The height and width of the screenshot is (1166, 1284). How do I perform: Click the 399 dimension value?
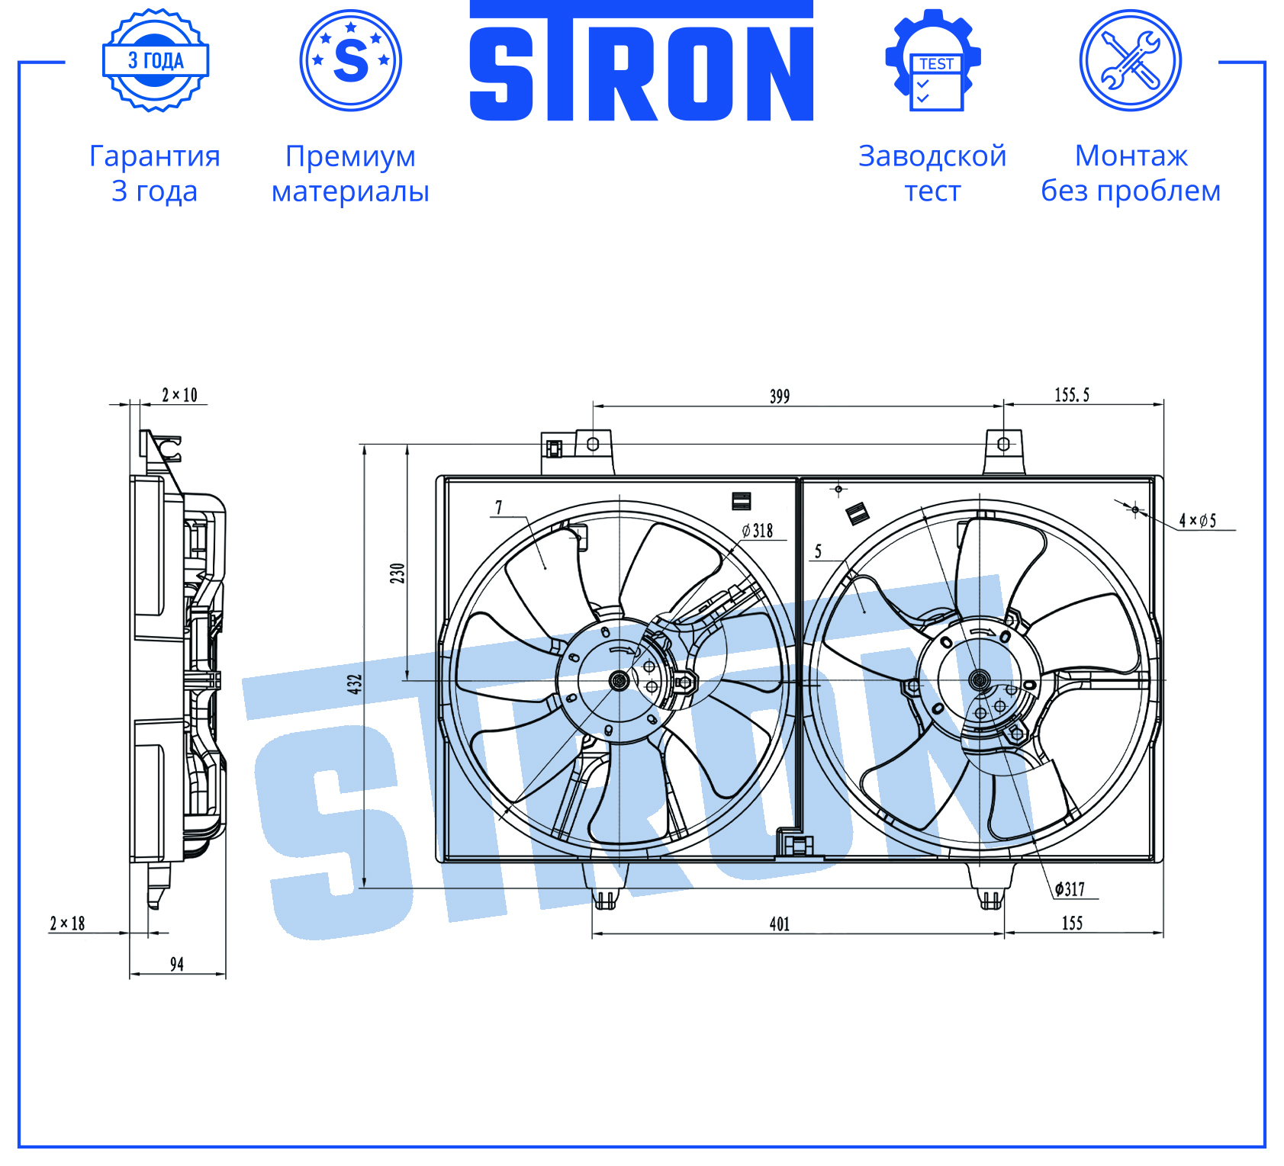[779, 396]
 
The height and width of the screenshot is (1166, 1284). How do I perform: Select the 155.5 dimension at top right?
[1072, 394]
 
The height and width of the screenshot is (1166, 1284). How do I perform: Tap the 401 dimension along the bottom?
[779, 923]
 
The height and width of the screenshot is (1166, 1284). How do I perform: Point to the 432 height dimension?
[355, 683]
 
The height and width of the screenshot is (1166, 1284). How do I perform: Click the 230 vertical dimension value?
[397, 573]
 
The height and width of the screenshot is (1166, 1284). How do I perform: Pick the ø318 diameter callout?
[757, 531]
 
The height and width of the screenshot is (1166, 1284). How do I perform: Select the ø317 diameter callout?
[1070, 888]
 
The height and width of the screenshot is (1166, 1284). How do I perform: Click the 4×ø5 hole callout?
[1198, 520]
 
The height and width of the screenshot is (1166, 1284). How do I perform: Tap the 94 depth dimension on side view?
[177, 964]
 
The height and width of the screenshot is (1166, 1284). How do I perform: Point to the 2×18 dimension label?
[67, 923]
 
